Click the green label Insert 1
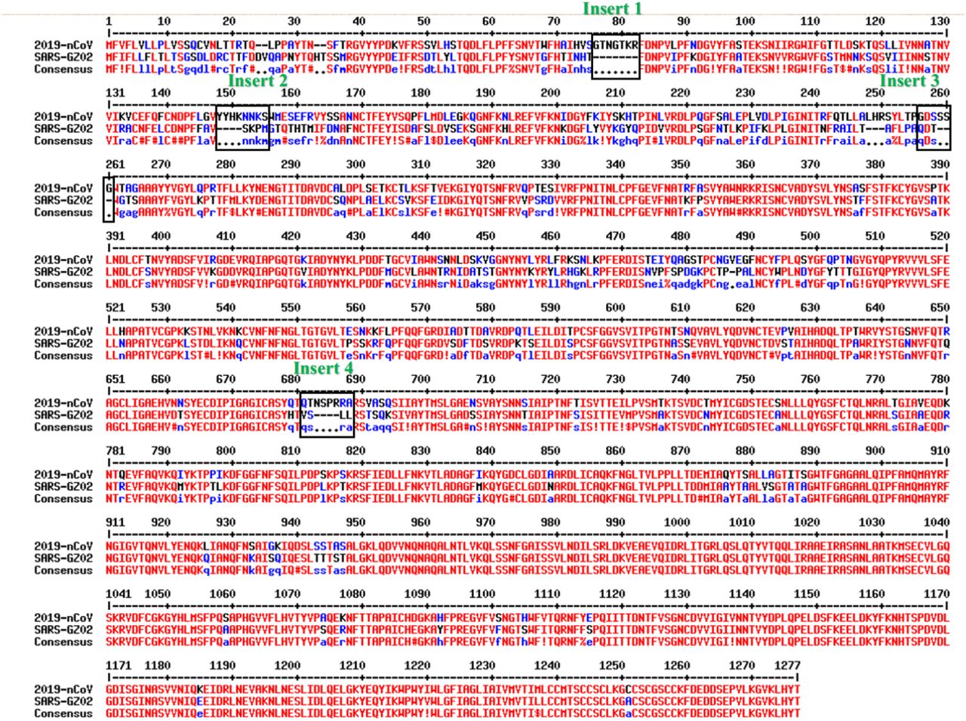coord(612,8)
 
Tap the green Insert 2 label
coord(257,80)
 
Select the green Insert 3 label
coord(909,80)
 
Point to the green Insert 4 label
coord(323,368)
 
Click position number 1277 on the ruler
coord(787,665)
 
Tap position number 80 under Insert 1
coord(619,20)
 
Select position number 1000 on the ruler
coord(676,522)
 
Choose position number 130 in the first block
coord(940,20)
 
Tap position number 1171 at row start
coord(118,665)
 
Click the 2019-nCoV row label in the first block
coord(63,45)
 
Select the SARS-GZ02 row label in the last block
coord(63,701)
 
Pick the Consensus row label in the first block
coord(63,69)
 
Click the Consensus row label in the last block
coord(63,713)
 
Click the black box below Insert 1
coord(616,56)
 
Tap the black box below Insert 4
coord(326,414)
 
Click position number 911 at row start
coord(115,522)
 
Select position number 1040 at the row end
coord(936,522)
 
